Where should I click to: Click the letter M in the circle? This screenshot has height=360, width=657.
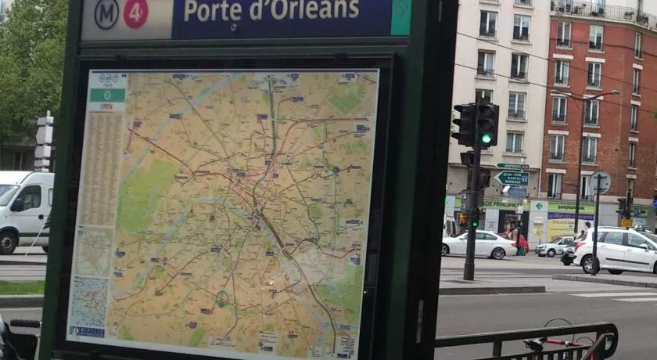click(x=106, y=13)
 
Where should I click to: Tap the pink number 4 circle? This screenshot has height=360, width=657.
click(x=135, y=13)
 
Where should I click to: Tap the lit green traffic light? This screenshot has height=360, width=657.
click(x=486, y=139)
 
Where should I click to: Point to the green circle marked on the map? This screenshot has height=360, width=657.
click(x=222, y=298)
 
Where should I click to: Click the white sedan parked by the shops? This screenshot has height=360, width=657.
click(x=479, y=244)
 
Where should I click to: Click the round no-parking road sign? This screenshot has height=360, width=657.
click(x=601, y=182)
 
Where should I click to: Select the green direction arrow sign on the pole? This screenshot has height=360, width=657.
click(x=512, y=178)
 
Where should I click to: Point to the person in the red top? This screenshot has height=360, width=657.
click(x=522, y=242)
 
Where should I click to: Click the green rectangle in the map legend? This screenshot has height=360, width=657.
click(x=106, y=95)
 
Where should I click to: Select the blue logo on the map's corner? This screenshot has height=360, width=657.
click(x=86, y=332)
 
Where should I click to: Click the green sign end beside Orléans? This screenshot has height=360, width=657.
click(x=400, y=16)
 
